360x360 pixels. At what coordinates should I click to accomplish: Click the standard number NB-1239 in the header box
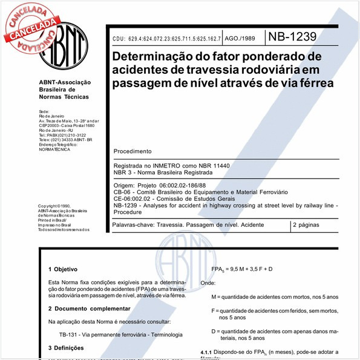293,37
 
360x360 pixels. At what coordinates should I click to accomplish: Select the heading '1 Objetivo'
64,268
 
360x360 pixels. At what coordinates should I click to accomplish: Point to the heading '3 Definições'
68,349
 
